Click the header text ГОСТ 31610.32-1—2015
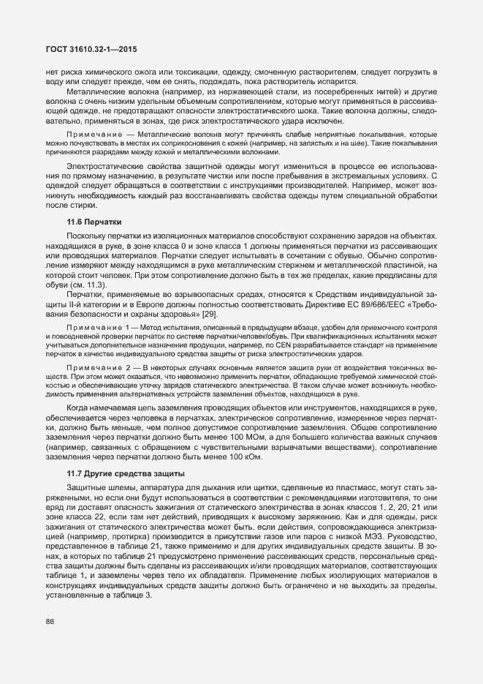point(86,50)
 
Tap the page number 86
point(50,622)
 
